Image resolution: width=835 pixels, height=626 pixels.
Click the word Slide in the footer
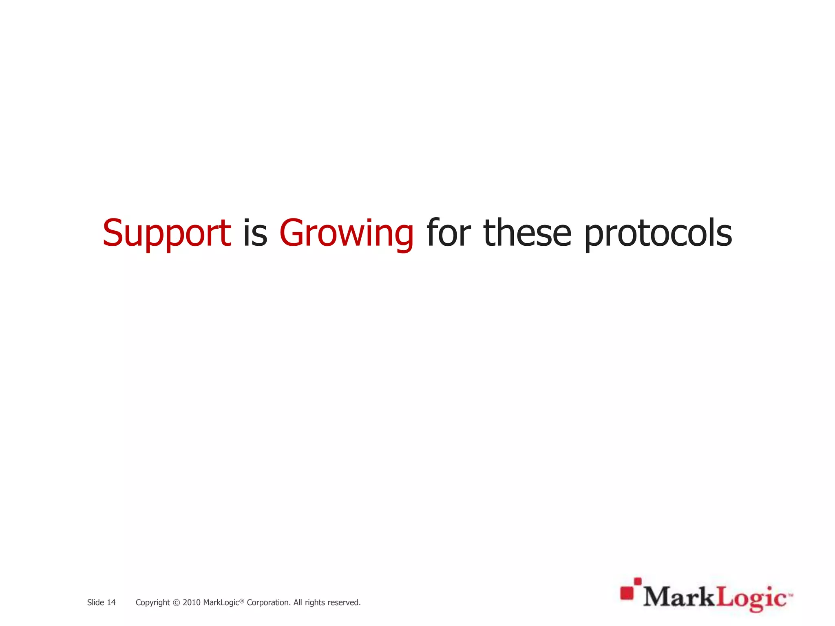click(95, 602)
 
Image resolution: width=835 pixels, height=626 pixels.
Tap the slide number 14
click(111, 602)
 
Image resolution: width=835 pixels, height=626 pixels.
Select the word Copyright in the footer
click(152, 603)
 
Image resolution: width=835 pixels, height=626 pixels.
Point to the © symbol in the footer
click(176, 603)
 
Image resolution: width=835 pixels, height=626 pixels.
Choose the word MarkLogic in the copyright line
click(221, 603)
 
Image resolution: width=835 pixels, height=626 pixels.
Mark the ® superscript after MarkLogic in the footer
click(241, 600)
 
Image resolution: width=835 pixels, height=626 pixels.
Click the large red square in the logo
click(627, 593)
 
